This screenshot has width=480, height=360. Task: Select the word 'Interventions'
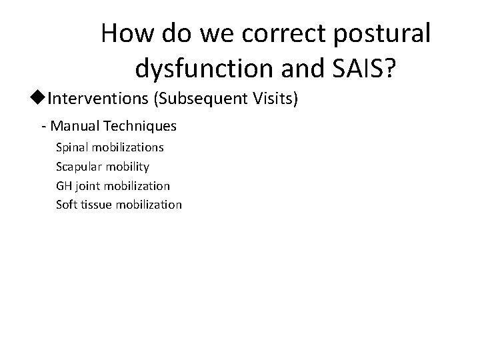click(x=99, y=99)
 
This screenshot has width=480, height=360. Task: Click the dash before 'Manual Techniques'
click(x=43, y=125)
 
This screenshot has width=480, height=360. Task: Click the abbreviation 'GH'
click(x=64, y=185)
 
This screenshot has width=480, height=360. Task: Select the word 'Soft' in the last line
click(x=67, y=205)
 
